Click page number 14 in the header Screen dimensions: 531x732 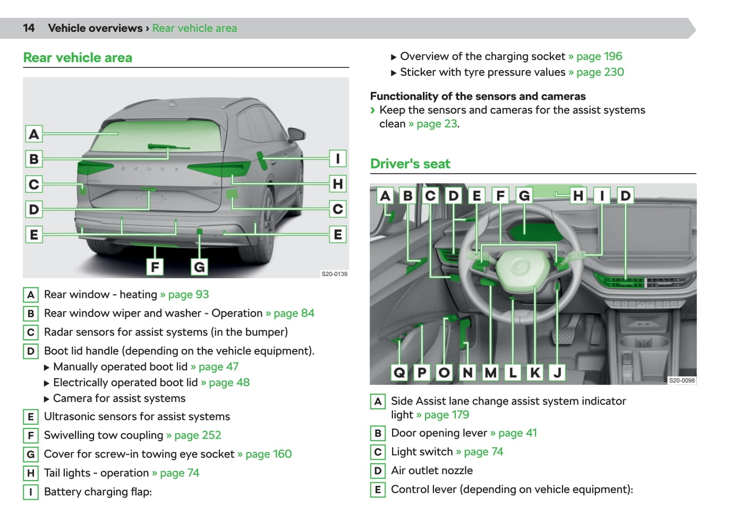29,28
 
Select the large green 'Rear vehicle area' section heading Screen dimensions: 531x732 78,58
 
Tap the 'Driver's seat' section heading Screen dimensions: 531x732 410,164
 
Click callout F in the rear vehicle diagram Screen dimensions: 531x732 155,267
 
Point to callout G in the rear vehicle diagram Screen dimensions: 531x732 199,267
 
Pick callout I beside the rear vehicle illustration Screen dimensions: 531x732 338,159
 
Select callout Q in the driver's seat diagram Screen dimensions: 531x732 399,373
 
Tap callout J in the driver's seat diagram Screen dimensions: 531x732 557,373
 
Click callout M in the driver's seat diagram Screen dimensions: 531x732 490,373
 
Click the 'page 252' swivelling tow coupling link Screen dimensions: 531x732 197,435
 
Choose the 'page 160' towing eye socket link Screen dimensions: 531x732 268,454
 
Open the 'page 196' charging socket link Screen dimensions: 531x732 599,56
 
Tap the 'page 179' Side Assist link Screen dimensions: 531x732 446,415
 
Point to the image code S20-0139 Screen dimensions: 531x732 334,274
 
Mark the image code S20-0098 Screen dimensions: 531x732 682,380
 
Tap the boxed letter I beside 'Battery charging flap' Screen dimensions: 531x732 31,492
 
